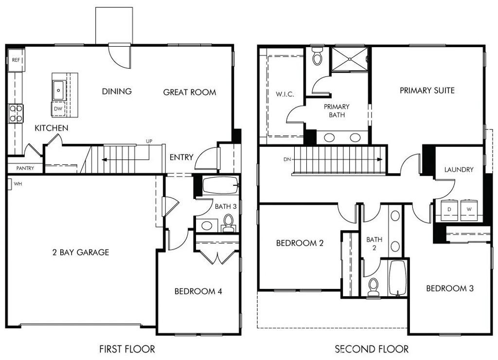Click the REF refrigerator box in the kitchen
(x=16, y=60)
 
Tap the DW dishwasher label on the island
(x=58, y=108)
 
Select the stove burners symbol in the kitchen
(x=16, y=113)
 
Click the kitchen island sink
(x=58, y=90)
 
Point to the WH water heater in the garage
(x=10, y=184)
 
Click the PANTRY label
(x=24, y=168)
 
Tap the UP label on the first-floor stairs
(x=149, y=142)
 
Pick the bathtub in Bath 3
(x=220, y=186)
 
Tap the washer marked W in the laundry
(x=469, y=209)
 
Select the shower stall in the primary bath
(x=350, y=59)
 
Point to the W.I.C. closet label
(x=285, y=94)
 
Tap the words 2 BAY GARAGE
(x=81, y=252)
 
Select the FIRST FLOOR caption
(x=127, y=349)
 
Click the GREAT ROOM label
(x=189, y=92)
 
